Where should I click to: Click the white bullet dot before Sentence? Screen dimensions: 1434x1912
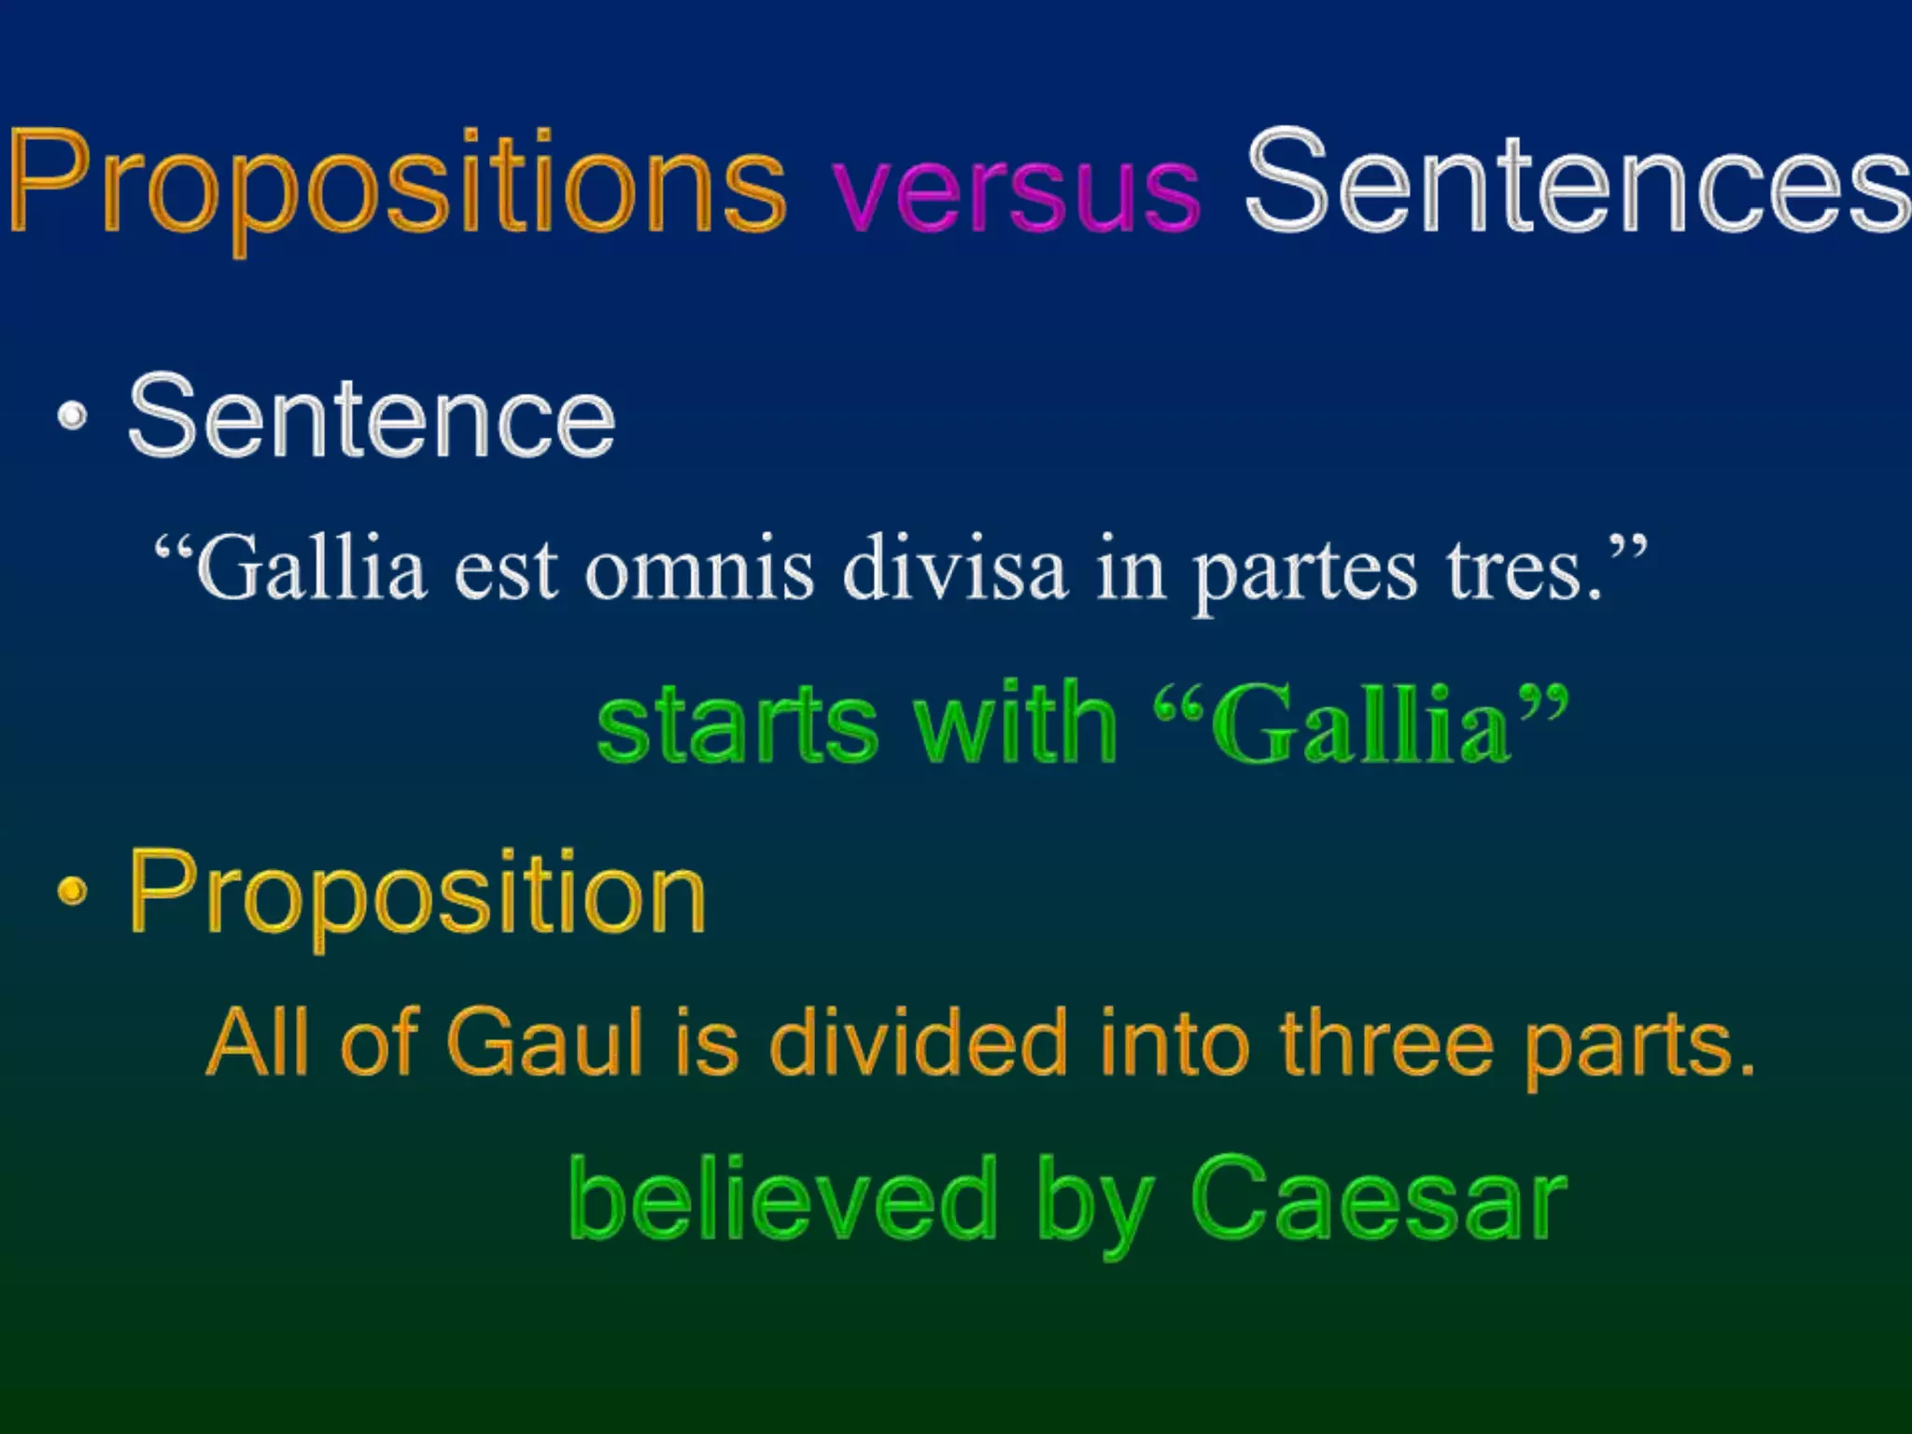pyautogui.click(x=73, y=416)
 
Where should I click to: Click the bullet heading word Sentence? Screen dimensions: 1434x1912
pyautogui.click(x=372, y=416)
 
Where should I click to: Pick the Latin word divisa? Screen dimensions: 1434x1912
pyautogui.click(x=954, y=569)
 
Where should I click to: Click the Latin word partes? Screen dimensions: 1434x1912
pyautogui.click(x=1305, y=573)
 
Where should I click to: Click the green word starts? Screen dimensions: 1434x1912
pyautogui.click(x=738, y=724)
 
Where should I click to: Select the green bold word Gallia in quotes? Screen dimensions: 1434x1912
pyautogui.click(x=1359, y=724)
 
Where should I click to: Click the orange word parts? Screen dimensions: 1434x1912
pyautogui.click(x=1637, y=1046)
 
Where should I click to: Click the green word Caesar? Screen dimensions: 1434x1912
pyautogui.click(x=1379, y=1199)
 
